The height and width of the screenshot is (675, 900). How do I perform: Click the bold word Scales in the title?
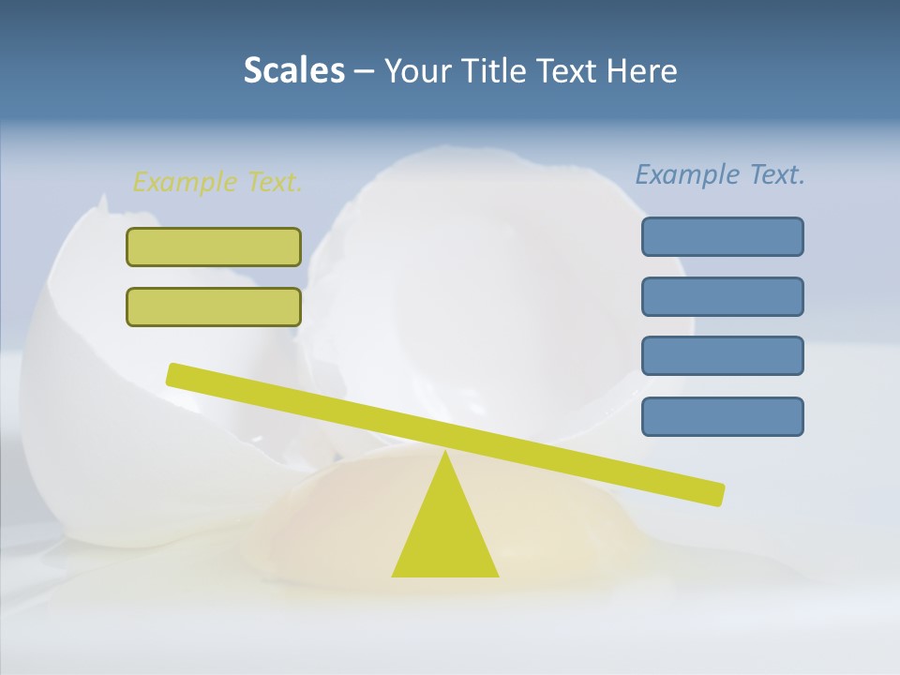point(293,70)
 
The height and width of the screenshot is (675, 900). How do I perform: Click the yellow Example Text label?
point(217,182)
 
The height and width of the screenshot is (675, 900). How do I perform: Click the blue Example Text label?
point(720,174)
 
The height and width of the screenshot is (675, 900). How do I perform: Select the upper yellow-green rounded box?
point(214,247)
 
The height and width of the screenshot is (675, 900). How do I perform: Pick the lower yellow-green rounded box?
point(214,307)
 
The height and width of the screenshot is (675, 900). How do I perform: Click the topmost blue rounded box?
point(722,236)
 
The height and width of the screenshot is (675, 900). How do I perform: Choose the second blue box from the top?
point(722,296)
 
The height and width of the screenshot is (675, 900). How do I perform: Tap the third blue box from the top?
point(722,355)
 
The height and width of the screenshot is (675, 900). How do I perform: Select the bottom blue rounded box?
point(722,416)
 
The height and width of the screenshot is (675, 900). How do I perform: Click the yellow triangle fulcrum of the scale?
point(445,534)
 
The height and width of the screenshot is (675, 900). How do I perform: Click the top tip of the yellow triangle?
point(445,455)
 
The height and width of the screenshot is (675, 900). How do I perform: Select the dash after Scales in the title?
point(364,70)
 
